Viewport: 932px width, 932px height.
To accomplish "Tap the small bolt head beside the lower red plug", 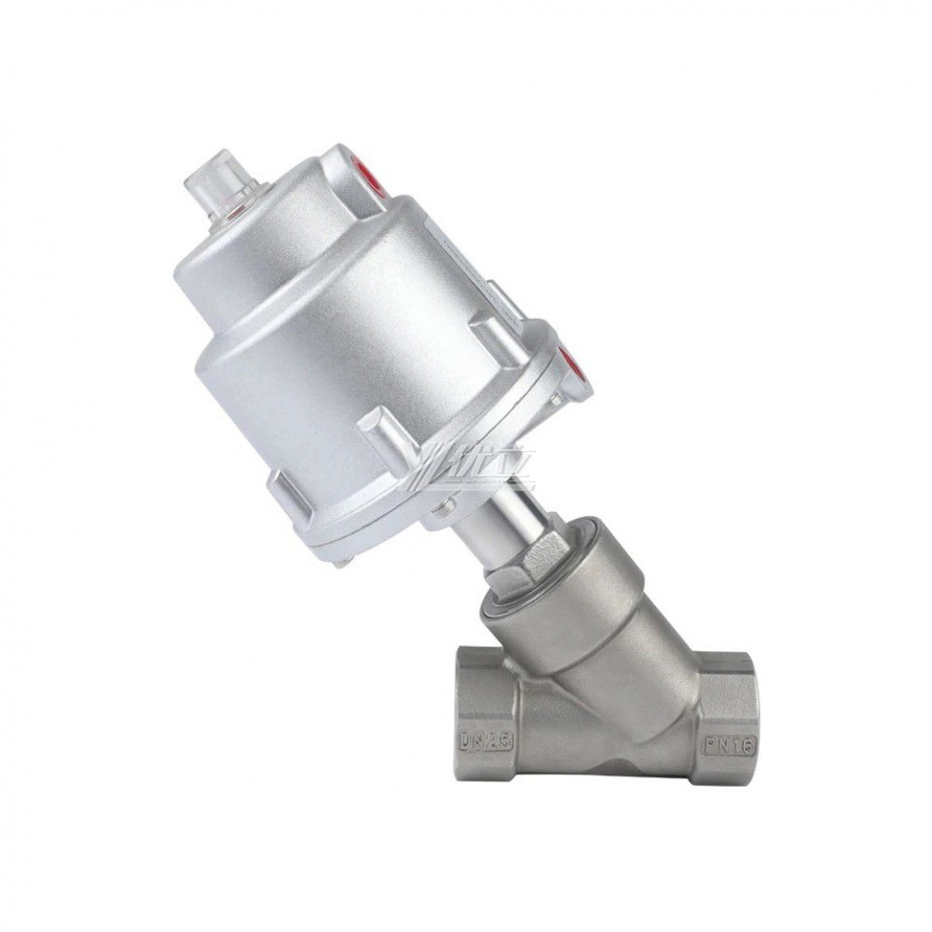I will pyautogui.click(x=555, y=401).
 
